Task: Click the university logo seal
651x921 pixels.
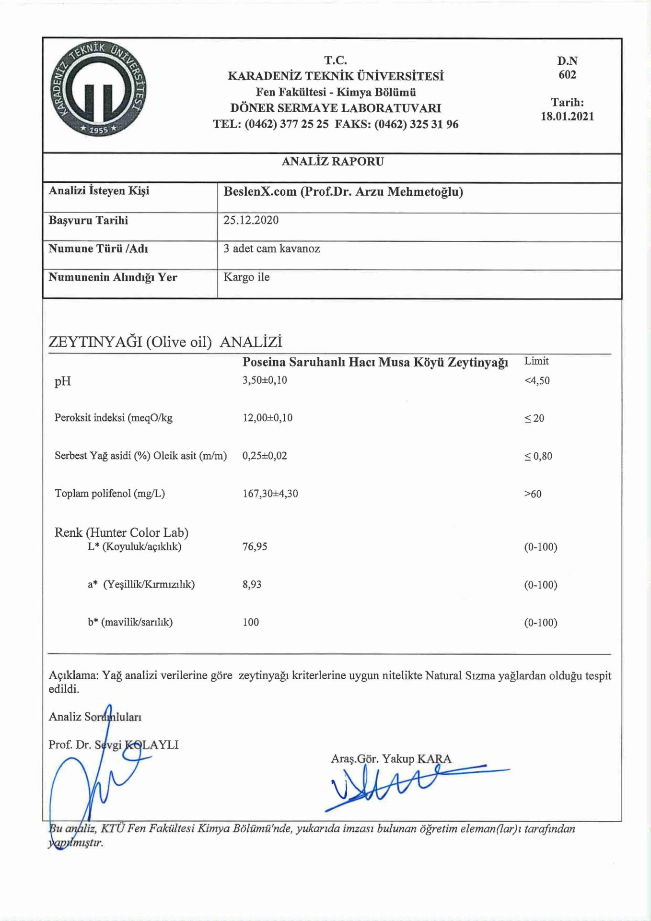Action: [99, 88]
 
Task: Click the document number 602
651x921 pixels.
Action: [567, 75]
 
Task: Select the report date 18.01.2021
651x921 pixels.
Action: [567, 117]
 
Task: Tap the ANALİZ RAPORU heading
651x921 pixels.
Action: [333, 162]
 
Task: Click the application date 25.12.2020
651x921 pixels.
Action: [251, 220]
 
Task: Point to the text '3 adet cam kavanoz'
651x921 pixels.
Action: [271, 248]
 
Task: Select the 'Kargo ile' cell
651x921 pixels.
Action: [246, 277]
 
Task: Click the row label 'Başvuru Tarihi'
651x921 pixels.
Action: [88, 221]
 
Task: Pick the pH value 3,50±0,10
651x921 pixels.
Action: [265, 380]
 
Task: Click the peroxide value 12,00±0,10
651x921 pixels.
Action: [267, 418]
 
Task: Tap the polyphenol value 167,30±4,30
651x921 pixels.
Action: [270, 494]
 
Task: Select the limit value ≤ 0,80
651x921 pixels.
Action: [538, 456]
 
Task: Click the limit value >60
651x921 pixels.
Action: [533, 494]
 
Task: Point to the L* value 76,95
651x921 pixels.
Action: [255, 547]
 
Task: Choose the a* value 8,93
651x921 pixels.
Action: [252, 585]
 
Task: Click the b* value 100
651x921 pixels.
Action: [251, 623]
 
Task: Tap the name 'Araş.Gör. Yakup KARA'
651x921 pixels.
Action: [391, 759]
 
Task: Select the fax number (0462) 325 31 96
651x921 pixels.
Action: [416, 125]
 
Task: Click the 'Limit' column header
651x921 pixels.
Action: [536, 361]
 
